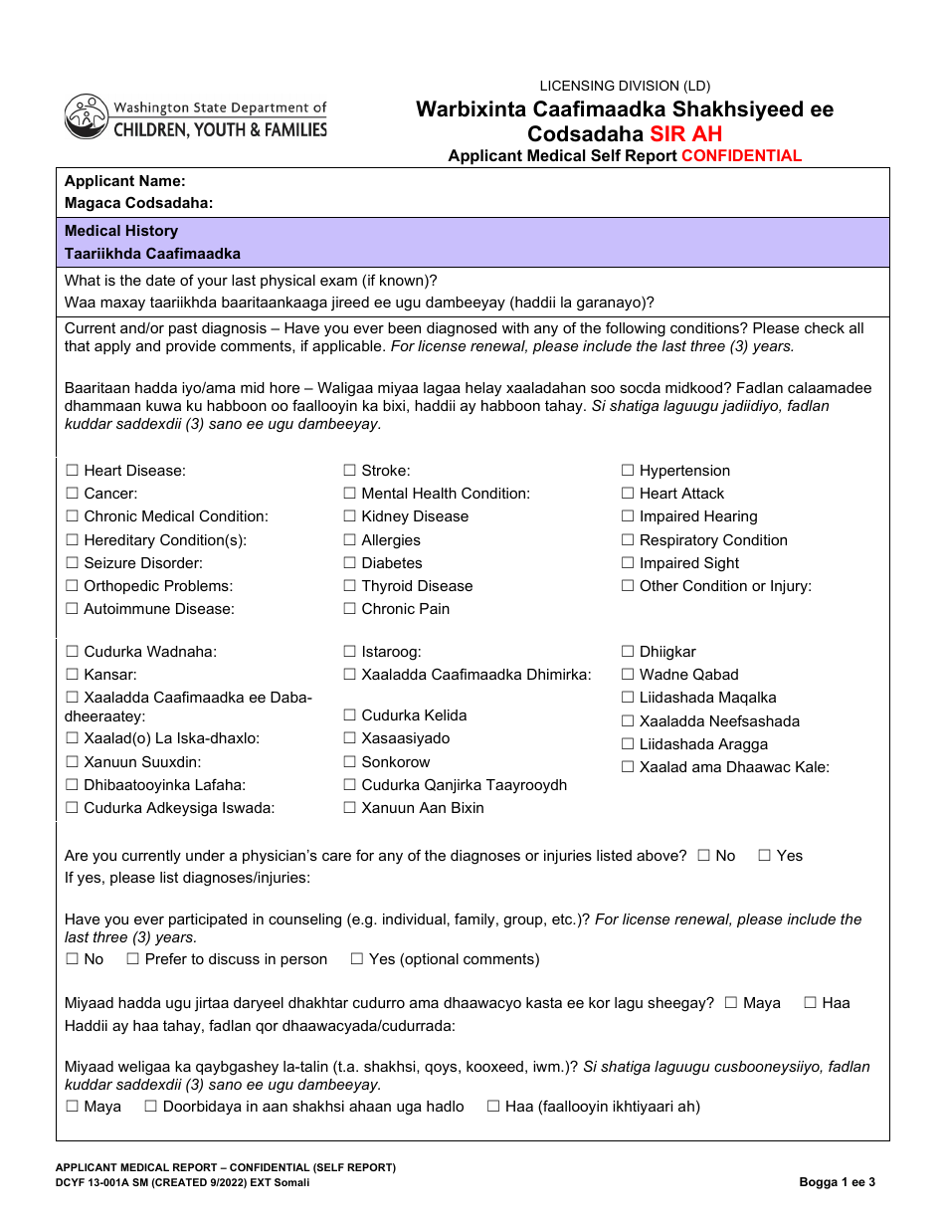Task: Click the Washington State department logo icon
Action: point(87,116)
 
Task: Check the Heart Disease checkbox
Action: point(72,471)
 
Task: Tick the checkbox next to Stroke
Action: point(350,471)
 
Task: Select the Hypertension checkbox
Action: point(628,471)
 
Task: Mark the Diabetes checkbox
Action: point(350,563)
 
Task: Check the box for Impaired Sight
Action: point(628,563)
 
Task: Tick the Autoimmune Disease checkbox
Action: point(72,609)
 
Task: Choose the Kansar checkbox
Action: point(72,675)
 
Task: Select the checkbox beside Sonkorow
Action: point(350,762)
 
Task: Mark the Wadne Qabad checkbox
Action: point(628,675)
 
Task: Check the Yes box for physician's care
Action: point(765,856)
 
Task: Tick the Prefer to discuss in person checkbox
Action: point(132,959)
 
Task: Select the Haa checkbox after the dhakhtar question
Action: point(810,1003)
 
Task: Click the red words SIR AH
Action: point(685,134)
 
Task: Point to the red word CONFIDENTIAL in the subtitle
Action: point(741,156)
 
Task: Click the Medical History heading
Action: point(121,231)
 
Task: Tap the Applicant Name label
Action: point(125,181)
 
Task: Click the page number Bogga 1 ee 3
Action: point(837,1182)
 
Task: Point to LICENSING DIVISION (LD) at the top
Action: point(625,87)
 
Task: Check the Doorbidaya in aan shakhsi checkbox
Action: point(151,1107)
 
